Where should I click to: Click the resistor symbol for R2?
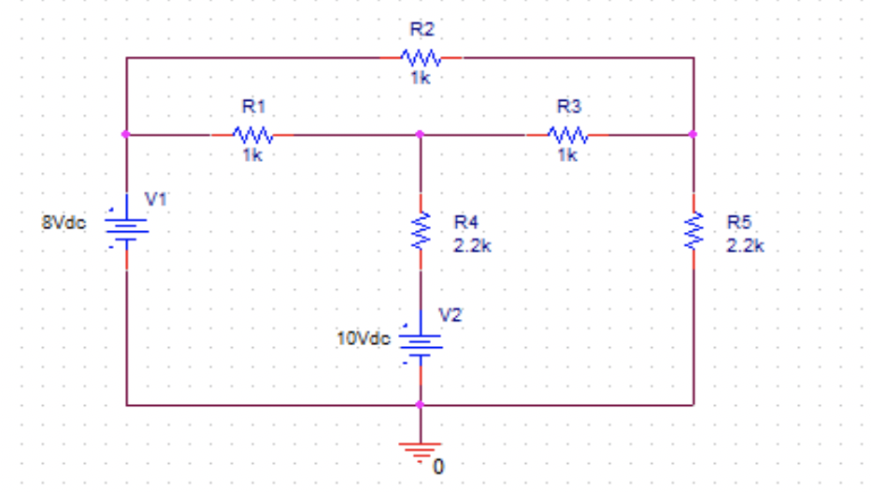pos(420,58)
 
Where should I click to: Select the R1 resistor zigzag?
pos(252,135)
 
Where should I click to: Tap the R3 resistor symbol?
pos(566,135)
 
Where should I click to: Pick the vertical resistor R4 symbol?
pos(420,230)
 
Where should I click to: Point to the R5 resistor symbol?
pos(693,230)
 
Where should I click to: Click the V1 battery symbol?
pos(127,226)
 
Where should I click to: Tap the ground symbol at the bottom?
pos(420,450)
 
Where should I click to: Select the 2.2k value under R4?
pos(472,247)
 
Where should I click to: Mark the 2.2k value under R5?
pos(745,247)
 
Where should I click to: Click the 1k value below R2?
pos(420,80)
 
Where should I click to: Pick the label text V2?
pos(450,314)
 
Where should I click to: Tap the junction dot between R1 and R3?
pos(420,135)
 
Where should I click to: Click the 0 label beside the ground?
pos(439,465)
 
